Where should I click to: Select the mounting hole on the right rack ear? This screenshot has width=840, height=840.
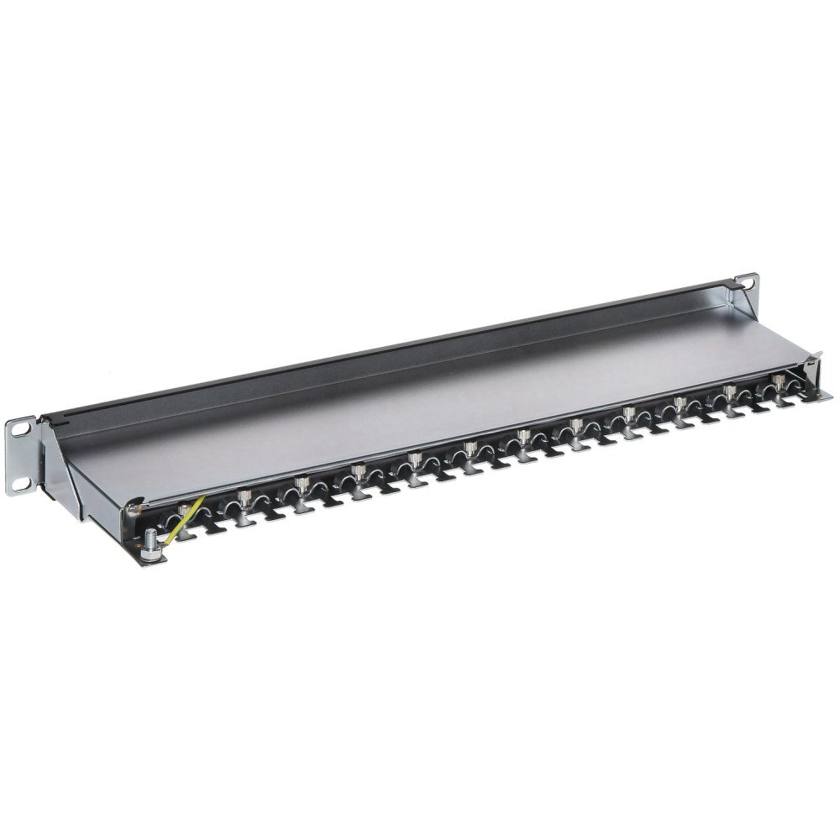744,283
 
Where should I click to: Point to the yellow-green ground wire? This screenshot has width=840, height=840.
183,520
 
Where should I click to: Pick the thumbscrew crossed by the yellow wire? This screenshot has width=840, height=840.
181,509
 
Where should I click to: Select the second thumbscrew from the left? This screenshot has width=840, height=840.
244,496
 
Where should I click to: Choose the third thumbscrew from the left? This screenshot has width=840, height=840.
301,485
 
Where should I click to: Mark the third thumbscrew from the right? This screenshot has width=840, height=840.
679,402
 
